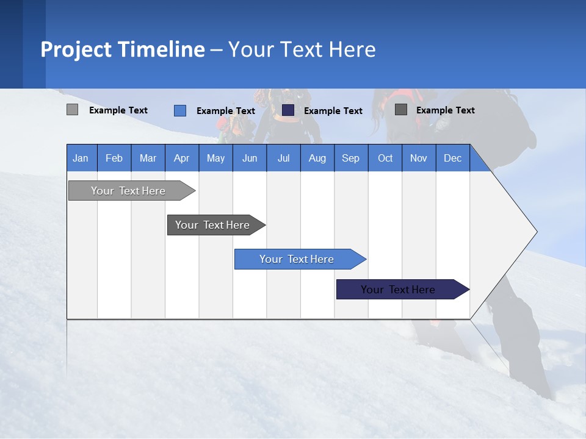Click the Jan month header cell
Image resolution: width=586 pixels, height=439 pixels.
pyautogui.click(x=81, y=158)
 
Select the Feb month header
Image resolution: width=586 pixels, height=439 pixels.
pyautogui.click(x=114, y=158)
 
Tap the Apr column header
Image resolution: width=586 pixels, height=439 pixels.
pyautogui.click(x=181, y=158)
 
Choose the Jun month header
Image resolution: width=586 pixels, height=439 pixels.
pyautogui.click(x=250, y=158)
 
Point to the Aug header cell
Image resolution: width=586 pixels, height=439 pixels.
pyautogui.click(x=317, y=158)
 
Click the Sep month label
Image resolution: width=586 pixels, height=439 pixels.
pyautogui.click(x=350, y=158)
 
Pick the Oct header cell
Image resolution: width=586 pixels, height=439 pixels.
pyautogui.click(x=385, y=158)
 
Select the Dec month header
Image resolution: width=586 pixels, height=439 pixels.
pyautogui.click(x=452, y=158)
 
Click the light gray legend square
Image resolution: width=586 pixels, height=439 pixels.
pyautogui.click(x=72, y=110)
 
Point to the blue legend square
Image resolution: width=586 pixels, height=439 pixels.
pyautogui.click(x=180, y=110)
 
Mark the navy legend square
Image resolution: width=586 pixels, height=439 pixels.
pyautogui.click(x=288, y=110)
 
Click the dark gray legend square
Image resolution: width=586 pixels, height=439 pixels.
pyautogui.click(x=401, y=110)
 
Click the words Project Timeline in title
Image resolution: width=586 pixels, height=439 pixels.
pyautogui.click(x=122, y=49)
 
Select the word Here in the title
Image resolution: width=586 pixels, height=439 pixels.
pyautogui.click(x=352, y=49)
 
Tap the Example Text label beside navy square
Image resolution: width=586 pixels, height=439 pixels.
pyautogui.click(x=333, y=110)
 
